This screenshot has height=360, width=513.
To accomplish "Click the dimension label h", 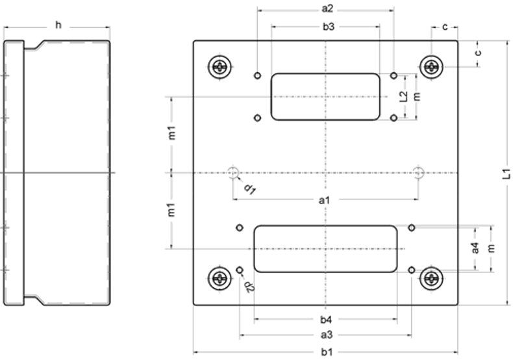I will click(58, 25).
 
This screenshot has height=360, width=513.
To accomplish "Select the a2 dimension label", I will click(327, 9).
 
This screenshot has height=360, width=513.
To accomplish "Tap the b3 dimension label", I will click(327, 27).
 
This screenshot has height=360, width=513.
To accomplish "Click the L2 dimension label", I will click(403, 97).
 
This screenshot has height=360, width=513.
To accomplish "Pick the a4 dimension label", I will click(475, 248).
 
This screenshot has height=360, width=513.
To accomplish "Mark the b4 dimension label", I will click(326, 319).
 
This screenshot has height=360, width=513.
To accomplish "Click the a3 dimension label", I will click(326, 335).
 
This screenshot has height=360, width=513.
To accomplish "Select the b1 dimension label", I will click(326, 352).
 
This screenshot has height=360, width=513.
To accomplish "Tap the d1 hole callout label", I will click(249, 188).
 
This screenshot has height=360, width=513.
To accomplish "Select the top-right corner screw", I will click(431, 66).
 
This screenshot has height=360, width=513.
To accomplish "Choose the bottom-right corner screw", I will click(431, 279).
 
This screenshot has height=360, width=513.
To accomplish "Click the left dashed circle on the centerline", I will click(233, 172).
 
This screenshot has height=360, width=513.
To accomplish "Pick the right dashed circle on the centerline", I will click(419, 172).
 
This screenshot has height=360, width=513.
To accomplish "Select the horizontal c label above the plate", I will click(445, 27).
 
